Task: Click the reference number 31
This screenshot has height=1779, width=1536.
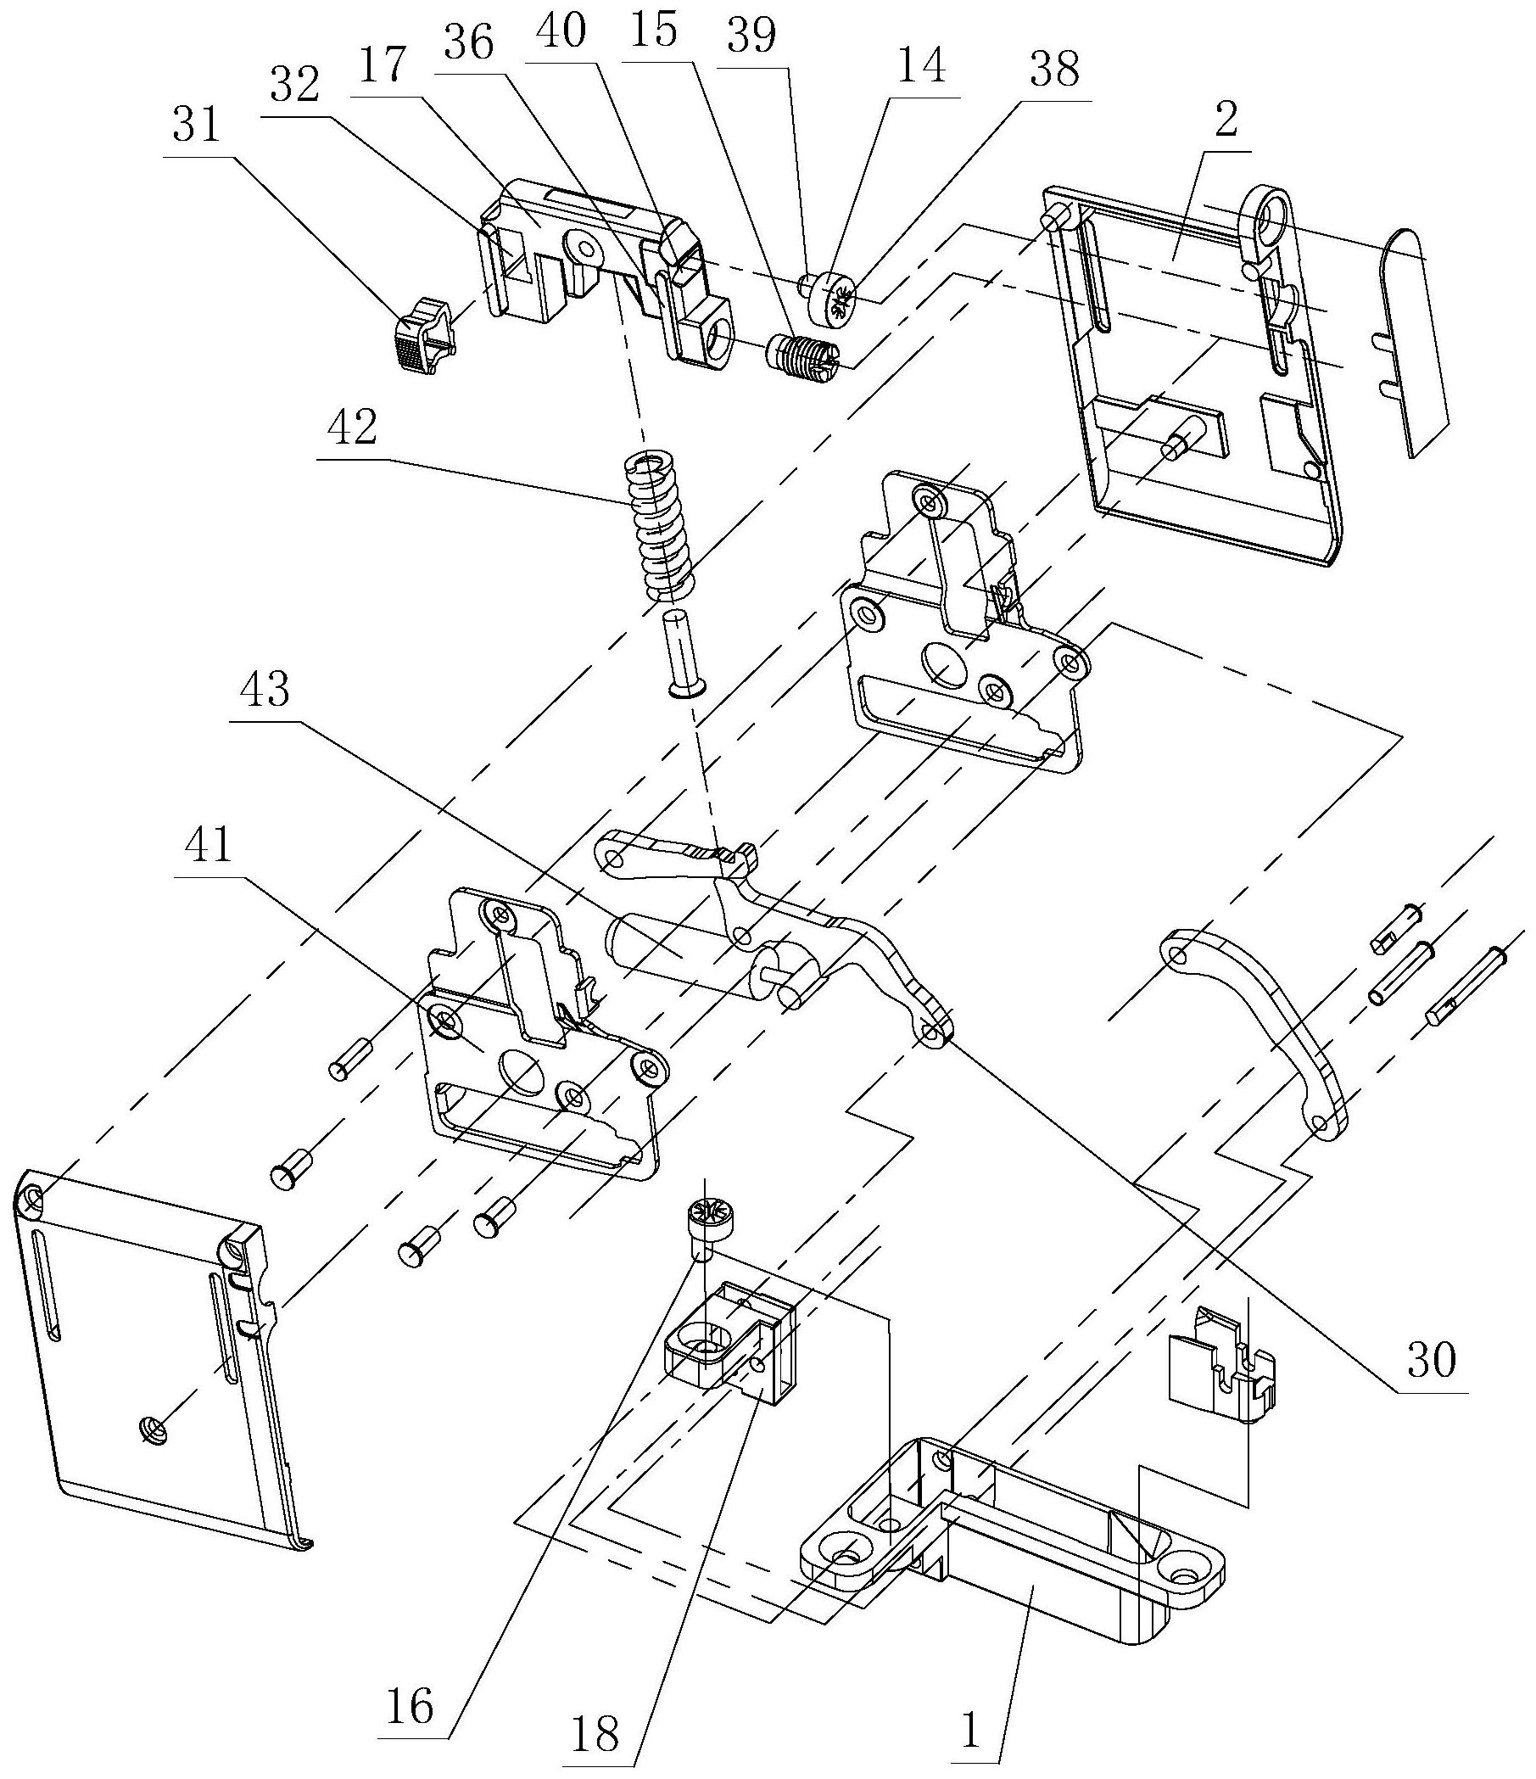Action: coord(197,128)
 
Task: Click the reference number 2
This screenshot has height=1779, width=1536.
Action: coord(1226,120)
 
